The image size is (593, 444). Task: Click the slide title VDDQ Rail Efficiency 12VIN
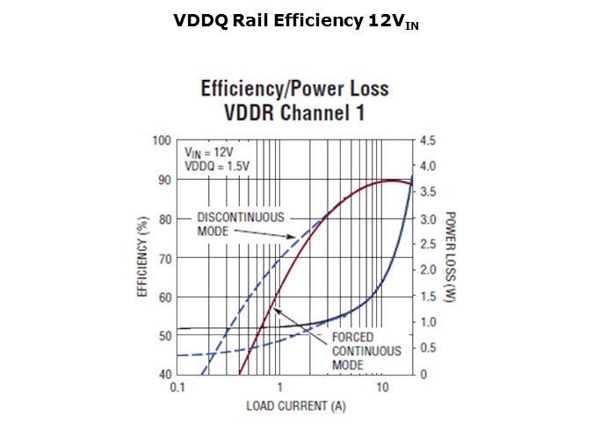point(296,23)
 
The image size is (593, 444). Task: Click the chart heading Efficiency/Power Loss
point(294,89)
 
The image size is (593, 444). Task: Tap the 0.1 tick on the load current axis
point(177,387)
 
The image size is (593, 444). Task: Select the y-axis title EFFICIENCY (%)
point(142,257)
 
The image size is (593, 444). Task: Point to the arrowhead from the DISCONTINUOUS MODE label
point(293,238)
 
